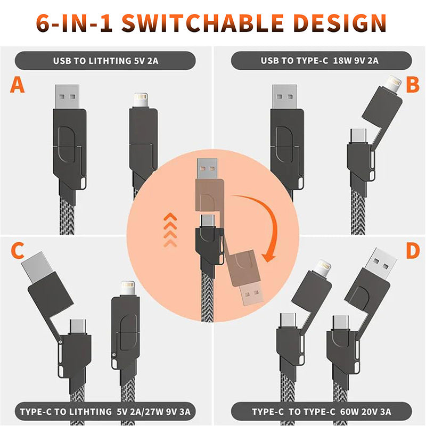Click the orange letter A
coord(18,85)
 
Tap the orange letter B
coord(413,85)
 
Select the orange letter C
coord(18,251)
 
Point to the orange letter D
coord(413,251)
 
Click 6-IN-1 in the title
coord(74,23)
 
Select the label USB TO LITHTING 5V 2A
coord(105,61)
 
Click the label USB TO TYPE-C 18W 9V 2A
coord(319,60)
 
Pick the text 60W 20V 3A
coord(365,412)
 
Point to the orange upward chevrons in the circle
coord(170,230)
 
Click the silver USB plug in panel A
coord(67,97)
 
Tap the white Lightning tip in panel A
coord(141,100)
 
